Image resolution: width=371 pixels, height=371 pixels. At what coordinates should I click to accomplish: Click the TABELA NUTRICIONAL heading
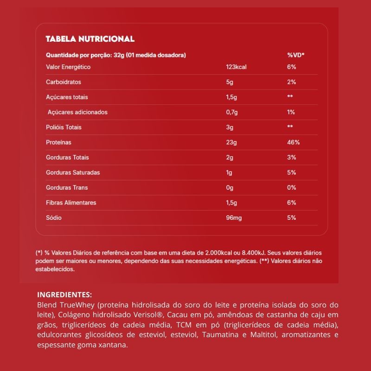point(90,39)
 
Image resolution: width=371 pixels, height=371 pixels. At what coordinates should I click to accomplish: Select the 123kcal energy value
point(236,67)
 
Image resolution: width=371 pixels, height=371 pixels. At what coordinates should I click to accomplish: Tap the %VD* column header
point(295,55)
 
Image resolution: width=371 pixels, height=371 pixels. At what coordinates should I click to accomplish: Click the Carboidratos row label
point(64,82)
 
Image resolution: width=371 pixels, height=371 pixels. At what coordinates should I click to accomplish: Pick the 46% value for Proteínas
point(294,142)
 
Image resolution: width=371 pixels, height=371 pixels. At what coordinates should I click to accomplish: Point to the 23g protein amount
point(231,142)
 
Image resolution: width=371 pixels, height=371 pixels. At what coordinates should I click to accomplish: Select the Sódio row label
point(54,217)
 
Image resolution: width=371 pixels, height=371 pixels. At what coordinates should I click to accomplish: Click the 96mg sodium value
point(234,217)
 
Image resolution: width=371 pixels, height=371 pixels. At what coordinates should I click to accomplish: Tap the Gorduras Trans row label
point(67,187)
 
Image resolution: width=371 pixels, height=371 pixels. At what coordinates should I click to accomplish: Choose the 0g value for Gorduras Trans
point(230,187)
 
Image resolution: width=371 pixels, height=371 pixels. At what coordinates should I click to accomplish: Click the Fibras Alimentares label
point(71,203)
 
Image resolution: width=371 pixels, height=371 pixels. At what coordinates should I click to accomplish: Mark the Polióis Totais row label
point(64,127)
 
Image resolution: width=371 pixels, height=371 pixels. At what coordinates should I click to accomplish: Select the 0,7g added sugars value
point(232,112)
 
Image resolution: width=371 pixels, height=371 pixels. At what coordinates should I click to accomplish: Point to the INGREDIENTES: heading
point(64,294)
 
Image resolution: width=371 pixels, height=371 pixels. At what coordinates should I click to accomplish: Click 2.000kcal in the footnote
point(215,253)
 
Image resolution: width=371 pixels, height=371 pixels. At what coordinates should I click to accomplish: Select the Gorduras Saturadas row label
point(73,173)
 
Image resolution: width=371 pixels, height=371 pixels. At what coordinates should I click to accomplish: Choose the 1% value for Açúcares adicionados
point(291,112)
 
